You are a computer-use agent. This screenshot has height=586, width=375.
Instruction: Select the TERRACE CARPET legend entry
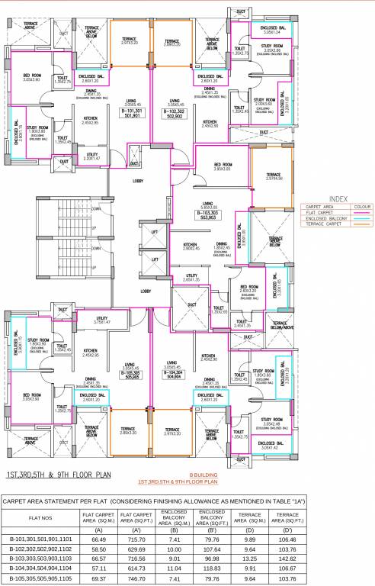(x=323, y=225)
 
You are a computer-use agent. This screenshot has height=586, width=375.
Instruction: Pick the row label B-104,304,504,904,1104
(x=40, y=570)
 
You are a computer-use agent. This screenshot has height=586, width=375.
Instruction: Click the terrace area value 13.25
(x=248, y=559)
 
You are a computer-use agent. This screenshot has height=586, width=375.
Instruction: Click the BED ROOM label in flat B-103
(x=223, y=165)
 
